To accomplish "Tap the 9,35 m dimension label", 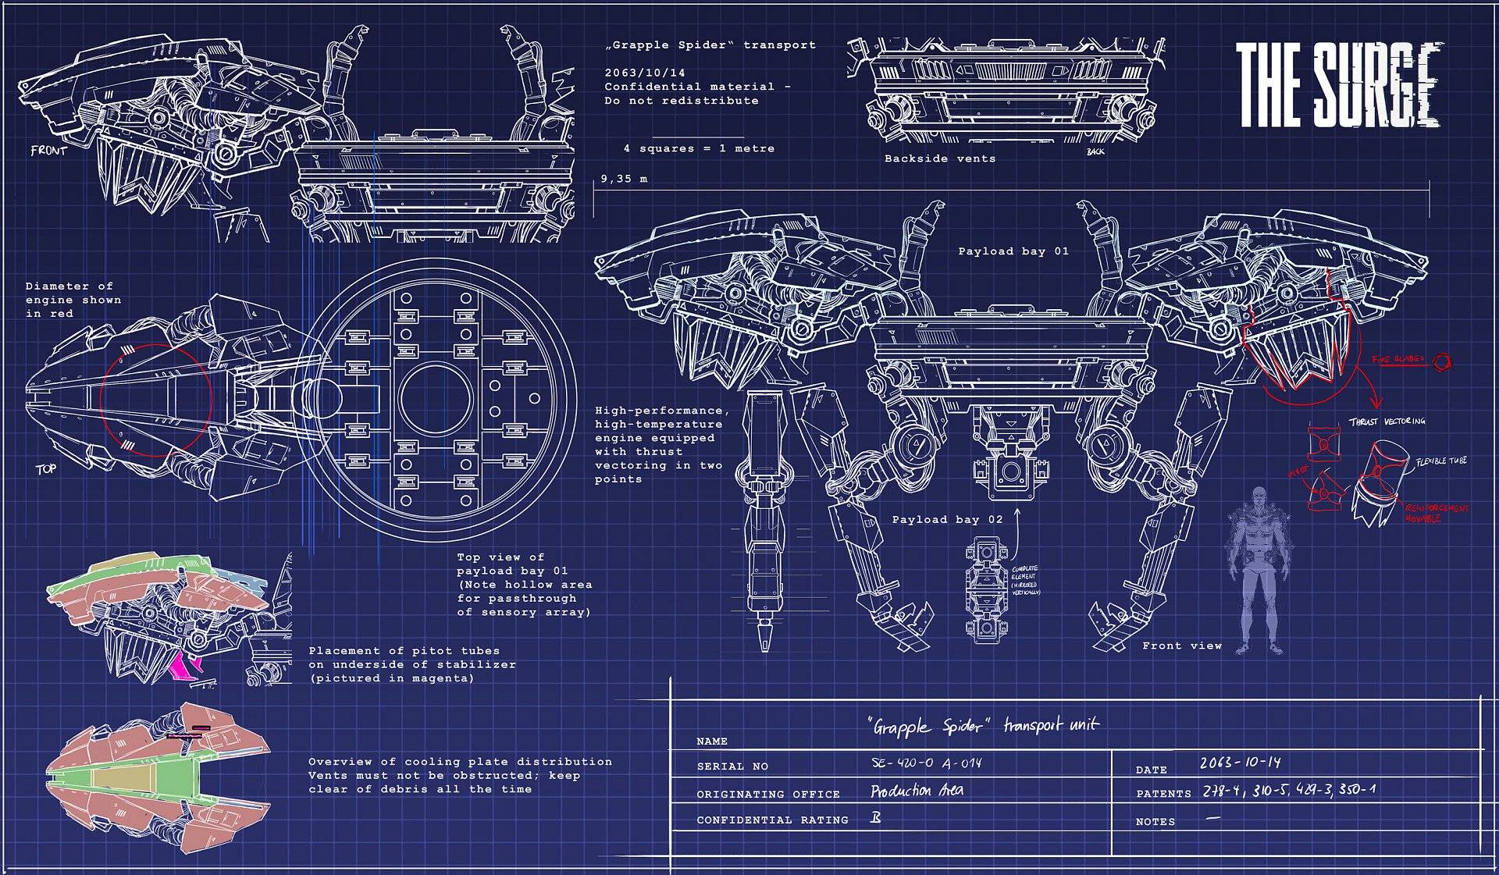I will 624,179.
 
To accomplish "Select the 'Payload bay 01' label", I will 1013,251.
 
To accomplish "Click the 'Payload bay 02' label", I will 947,520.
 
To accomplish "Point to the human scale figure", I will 1255,570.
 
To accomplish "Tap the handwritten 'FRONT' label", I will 48,150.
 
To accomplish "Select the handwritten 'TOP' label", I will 46,469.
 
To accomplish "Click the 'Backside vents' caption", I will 939,158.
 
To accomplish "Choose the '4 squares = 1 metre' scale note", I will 699,148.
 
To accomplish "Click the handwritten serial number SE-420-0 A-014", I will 925,763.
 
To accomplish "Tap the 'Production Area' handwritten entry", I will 917,791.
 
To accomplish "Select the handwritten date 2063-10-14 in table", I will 1240,762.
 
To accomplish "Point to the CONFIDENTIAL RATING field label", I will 772,820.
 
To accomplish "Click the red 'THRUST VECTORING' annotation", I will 1387,421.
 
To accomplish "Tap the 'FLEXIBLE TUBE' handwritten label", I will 1441,461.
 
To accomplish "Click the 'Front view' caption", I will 1181,646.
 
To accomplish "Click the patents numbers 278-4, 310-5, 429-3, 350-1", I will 1287,790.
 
